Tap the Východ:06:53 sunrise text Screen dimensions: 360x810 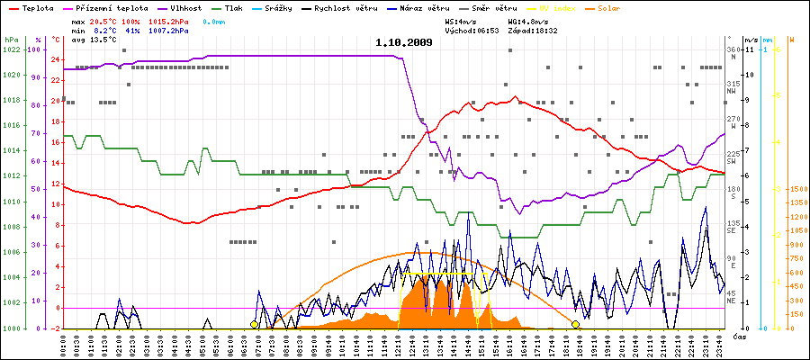coord(472,31)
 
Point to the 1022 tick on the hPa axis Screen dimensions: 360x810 coord(11,49)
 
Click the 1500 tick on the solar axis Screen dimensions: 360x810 coord(796,190)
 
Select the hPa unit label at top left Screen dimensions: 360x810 coord(11,40)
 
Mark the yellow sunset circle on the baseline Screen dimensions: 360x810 coord(575,324)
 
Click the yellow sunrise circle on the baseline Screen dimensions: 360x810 coord(255,324)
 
